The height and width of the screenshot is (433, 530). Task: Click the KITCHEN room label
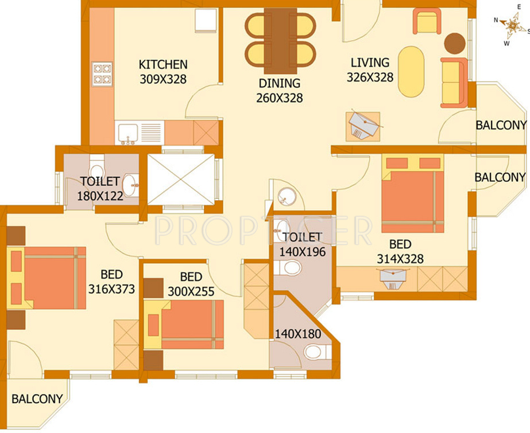coord(163,64)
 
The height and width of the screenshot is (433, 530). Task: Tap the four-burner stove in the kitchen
coord(102,74)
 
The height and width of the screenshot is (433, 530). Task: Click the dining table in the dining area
coord(280,41)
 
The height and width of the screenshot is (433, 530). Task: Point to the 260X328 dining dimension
coord(279,98)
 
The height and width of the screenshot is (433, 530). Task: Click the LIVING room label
coord(370,63)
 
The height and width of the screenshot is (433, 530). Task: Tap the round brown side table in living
coord(455,43)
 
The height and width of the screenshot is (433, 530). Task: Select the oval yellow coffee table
coord(411,72)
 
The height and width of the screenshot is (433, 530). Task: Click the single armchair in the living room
coord(427,21)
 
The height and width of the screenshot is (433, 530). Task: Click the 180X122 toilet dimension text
coord(100,196)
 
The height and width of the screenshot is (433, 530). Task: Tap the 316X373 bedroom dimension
coord(111,289)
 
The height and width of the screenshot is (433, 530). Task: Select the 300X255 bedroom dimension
coord(191,291)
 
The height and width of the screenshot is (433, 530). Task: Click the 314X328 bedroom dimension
coord(400,259)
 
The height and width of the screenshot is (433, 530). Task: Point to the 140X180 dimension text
coord(298,334)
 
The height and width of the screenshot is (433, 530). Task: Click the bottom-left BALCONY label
coord(37,399)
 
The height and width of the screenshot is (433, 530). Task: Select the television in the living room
coord(365,124)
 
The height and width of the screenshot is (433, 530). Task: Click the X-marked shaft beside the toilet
coord(181,179)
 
